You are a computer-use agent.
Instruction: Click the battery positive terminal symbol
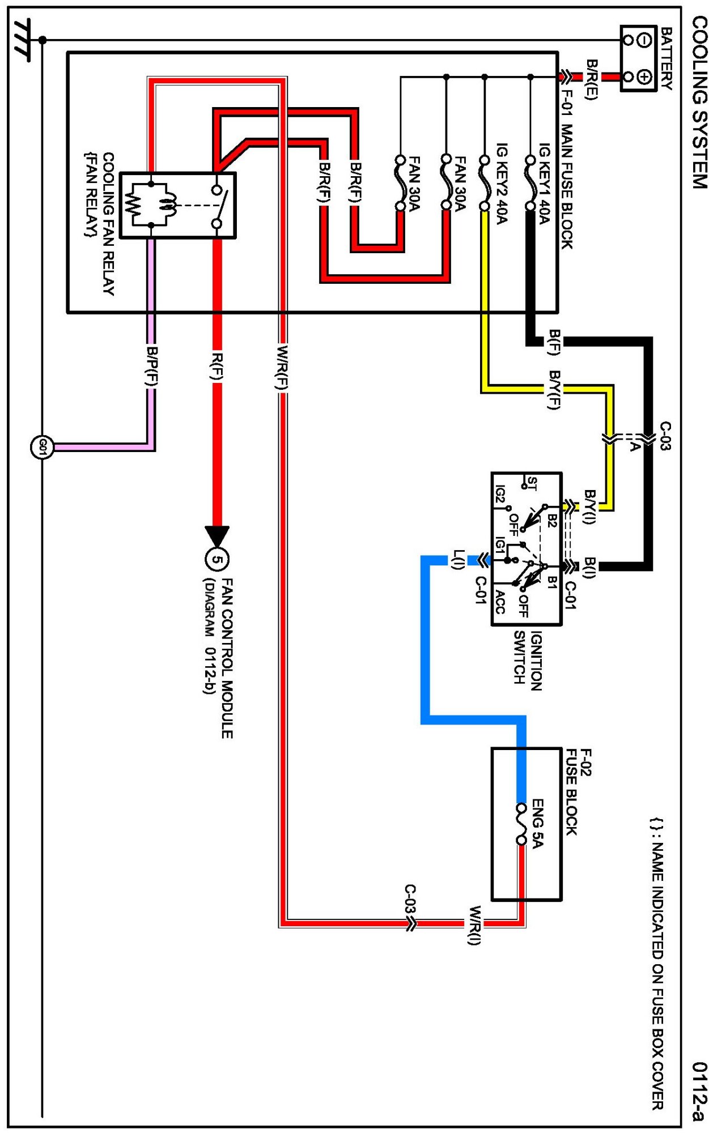[x=644, y=76]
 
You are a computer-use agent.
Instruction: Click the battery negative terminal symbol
[x=644, y=40]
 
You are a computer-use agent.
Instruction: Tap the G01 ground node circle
[x=41, y=447]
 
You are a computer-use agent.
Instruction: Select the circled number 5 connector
[x=216, y=560]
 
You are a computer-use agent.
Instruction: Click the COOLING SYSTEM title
[x=699, y=102]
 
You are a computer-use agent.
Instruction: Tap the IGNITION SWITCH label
[x=528, y=661]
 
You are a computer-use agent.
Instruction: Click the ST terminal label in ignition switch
[x=532, y=483]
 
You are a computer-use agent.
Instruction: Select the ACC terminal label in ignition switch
[x=499, y=602]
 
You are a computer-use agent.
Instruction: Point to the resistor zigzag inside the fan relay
[x=134, y=205]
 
